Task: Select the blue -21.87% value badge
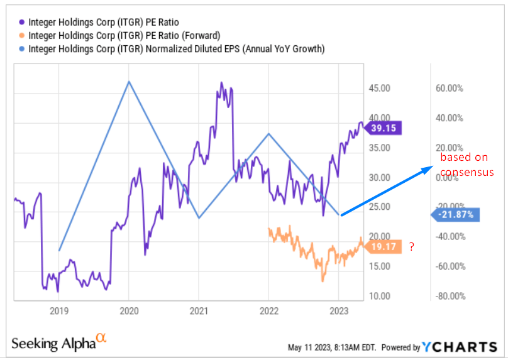(454, 214)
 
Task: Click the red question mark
(412, 247)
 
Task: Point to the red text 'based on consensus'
(467, 165)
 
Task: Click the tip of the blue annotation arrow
(432, 167)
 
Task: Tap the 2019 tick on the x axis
(58, 310)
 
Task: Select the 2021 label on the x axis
(199, 310)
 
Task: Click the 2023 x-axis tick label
(338, 310)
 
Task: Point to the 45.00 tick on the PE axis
(381, 89)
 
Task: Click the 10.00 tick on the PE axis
(381, 296)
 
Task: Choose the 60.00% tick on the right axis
(450, 89)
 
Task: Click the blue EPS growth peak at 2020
(129, 81)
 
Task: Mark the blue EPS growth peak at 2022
(268, 133)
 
